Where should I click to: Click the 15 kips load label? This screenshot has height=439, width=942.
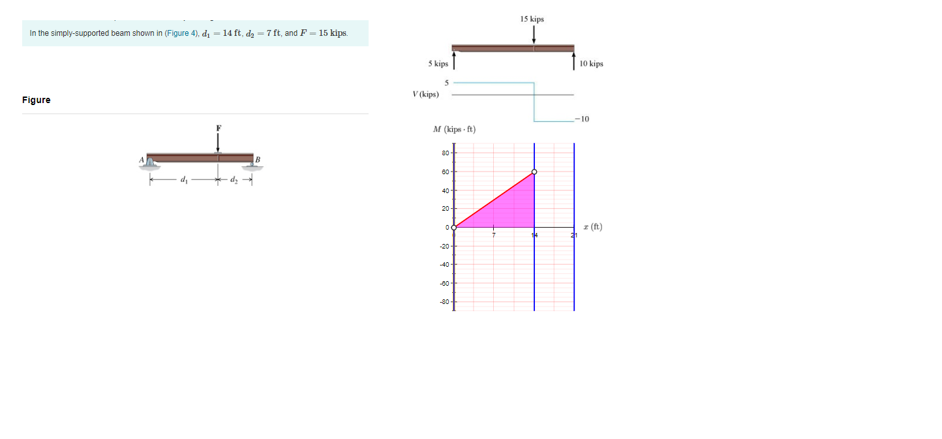pos(532,20)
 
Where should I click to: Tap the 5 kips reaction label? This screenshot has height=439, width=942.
pos(438,64)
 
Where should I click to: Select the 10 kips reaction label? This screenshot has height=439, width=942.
pos(591,64)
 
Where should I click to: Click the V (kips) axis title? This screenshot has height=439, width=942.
pos(425,95)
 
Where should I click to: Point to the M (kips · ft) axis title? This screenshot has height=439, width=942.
pos(454,130)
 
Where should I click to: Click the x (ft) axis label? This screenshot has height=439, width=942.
pos(593,227)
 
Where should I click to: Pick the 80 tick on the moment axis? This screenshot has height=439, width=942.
pos(445,153)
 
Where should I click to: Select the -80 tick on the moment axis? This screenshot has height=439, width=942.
pos(444,303)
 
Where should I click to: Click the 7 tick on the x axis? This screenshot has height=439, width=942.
pos(494,235)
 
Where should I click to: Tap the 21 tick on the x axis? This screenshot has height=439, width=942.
pos(575,235)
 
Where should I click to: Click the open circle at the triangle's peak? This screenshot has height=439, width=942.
pos(534,172)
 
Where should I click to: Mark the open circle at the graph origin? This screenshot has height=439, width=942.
pos(454,228)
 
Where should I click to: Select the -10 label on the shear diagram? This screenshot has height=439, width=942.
pos(582,119)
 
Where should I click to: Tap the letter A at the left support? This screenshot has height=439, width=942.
pos(140,159)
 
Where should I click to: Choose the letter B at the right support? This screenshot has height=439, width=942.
pos(258,160)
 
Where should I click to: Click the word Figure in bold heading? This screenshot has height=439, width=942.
pos(36,100)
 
